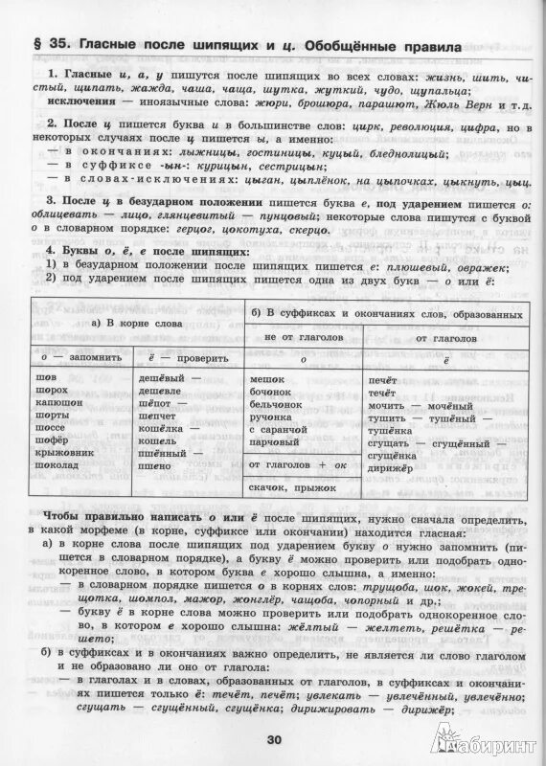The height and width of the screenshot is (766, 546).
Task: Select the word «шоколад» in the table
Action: tap(58, 463)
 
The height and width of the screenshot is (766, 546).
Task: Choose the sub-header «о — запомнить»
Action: tap(69, 359)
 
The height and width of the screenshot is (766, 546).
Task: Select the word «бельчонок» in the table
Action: tap(280, 405)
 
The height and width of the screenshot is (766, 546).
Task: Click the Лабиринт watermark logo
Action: tap(485, 740)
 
